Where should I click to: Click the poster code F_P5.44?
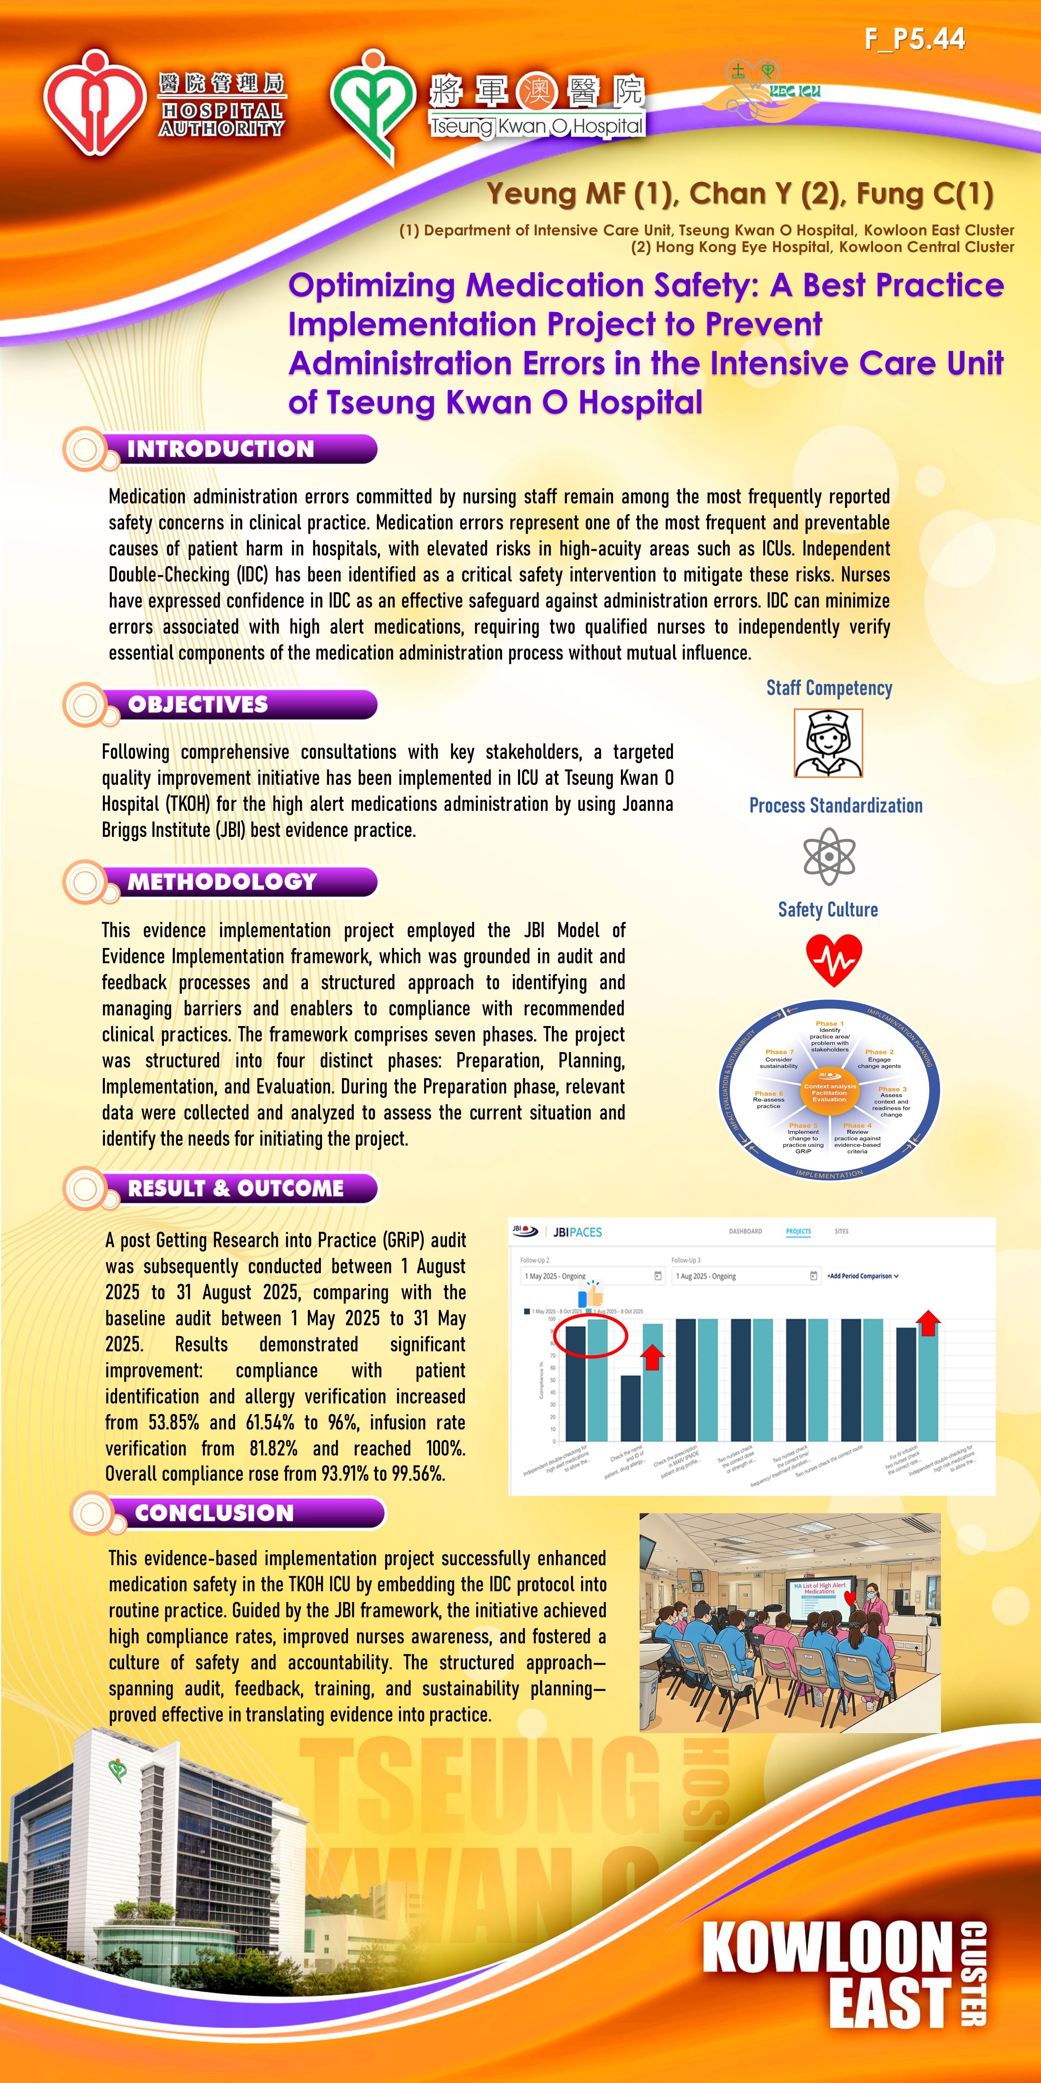pos(914,39)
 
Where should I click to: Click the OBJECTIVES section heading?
pos(198,704)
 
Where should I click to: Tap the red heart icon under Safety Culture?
pos(833,960)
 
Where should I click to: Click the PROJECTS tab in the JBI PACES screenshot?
pos(798,1231)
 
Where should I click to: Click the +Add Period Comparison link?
pos(862,1276)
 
